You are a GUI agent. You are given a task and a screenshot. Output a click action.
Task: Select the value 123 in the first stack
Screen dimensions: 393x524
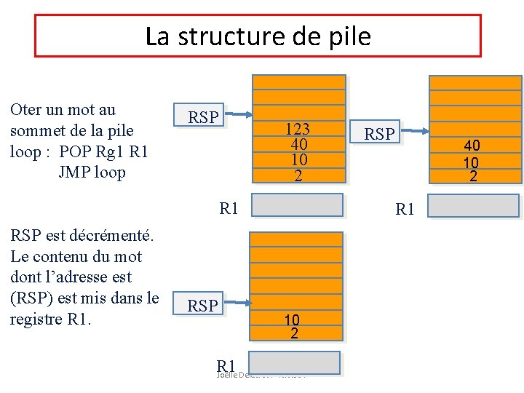297,130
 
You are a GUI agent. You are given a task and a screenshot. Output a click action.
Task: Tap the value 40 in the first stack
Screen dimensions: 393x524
297,144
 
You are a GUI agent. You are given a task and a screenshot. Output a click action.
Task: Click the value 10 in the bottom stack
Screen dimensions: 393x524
292,319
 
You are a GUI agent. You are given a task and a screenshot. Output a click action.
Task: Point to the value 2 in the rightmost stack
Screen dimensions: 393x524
473,175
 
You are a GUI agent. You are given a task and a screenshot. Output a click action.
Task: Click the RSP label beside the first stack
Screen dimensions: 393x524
203,117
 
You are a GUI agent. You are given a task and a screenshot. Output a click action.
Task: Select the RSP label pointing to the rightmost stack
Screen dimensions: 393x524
379,134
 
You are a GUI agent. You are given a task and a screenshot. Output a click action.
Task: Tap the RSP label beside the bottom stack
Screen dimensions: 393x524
202,306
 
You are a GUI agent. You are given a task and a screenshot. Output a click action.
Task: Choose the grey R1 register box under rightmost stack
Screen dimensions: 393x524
473,206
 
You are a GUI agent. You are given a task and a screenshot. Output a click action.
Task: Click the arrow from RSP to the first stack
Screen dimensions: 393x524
239,114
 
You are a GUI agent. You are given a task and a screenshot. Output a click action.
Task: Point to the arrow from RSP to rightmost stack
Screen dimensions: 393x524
416,131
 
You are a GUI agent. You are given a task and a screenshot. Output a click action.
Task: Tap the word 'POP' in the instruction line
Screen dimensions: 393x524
75,152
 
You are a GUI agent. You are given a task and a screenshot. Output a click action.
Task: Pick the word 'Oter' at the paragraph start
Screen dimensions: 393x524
25,111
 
